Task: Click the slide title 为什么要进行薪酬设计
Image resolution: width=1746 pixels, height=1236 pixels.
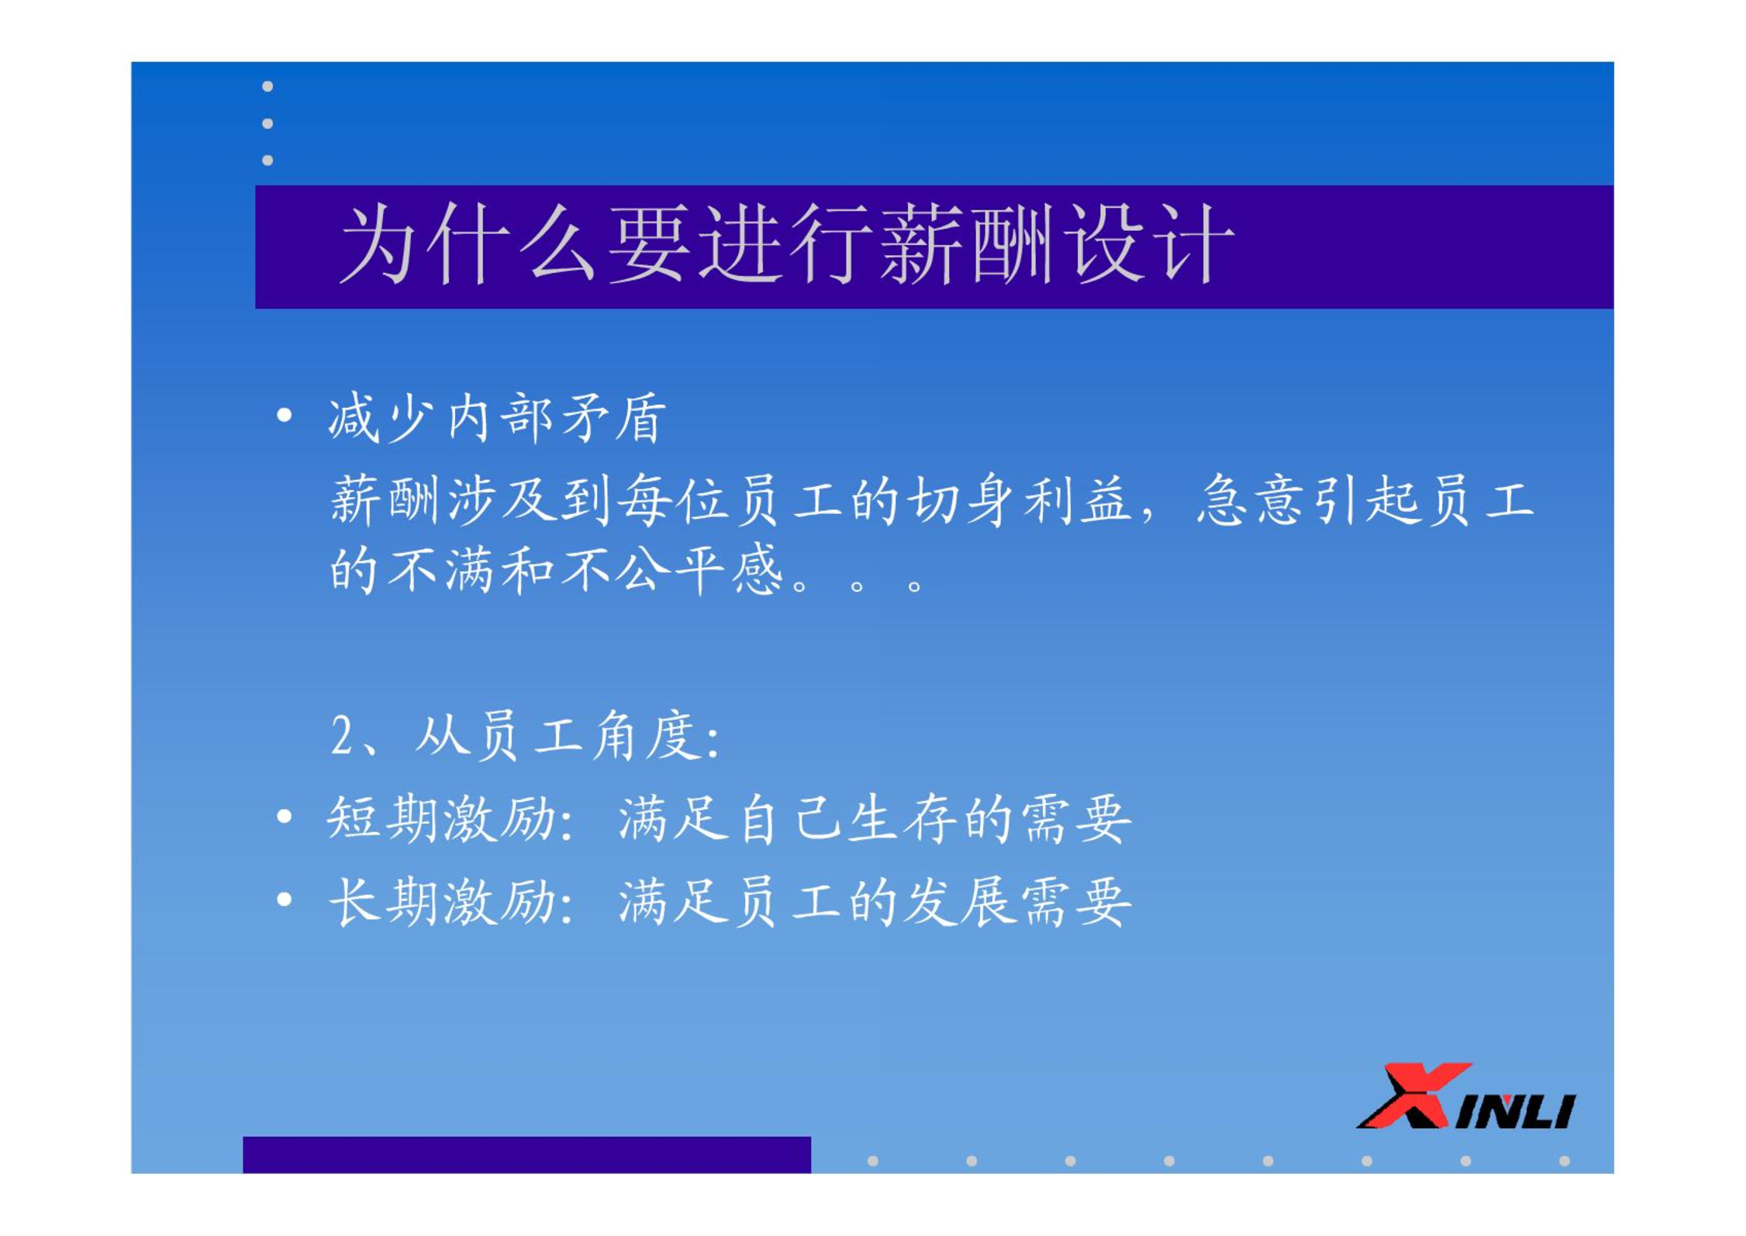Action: (786, 245)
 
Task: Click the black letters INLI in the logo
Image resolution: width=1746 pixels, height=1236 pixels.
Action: (1515, 1110)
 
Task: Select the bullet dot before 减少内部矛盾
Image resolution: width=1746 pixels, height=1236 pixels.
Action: (285, 416)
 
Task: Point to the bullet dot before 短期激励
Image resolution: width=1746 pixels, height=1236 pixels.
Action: (285, 817)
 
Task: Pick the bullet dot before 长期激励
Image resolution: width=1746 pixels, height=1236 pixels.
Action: (285, 899)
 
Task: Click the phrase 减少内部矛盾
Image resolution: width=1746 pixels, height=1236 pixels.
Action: (497, 418)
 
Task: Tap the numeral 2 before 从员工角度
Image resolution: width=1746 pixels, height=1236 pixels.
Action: (342, 735)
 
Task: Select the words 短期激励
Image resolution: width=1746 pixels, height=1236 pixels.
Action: (442, 819)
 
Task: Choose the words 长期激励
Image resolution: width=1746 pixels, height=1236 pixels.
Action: (442, 902)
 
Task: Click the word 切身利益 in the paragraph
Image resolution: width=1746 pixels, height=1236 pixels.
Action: (1018, 500)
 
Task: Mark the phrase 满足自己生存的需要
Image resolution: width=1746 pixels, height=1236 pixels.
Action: (875, 819)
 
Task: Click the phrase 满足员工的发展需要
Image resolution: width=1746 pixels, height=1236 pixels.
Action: (875, 902)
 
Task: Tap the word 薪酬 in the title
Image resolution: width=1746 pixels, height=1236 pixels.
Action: (965, 245)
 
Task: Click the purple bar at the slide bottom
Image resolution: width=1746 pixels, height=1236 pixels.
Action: (526, 1155)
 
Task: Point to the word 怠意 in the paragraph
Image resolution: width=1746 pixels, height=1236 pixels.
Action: (1253, 500)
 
